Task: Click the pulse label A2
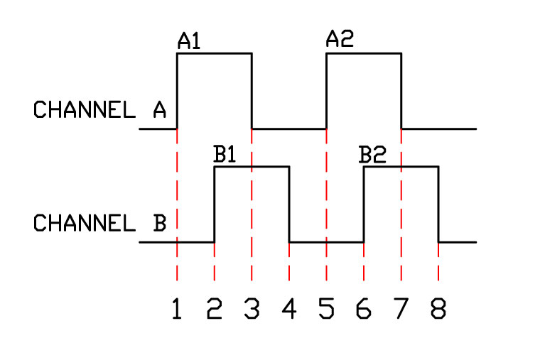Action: click(x=339, y=40)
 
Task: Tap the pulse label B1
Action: click(x=225, y=155)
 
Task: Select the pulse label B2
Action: click(x=372, y=155)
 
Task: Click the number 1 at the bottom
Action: click(x=177, y=310)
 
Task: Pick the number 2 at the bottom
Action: click(x=214, y=310)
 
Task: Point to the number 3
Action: click(x=252, y=310)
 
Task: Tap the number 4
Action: click(x=289, y=310)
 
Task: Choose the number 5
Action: click(x=326, y=310)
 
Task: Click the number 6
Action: click(x=364, y=310)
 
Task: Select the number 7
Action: click(x=401, y=310)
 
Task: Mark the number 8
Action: click(x=438, y=310)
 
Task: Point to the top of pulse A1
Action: click(x=214, y=53)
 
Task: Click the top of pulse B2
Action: click(x=401, y=167)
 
